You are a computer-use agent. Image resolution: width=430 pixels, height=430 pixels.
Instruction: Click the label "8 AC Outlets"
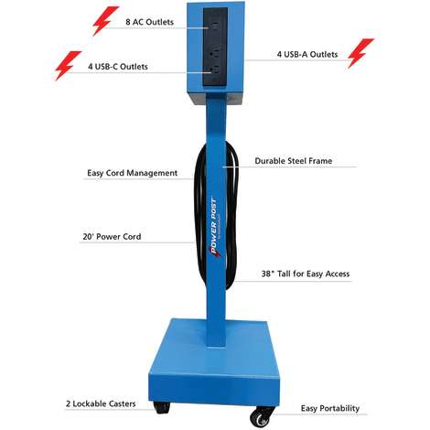point(149,22)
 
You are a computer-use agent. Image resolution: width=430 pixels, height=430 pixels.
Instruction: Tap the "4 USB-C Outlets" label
point(118,67)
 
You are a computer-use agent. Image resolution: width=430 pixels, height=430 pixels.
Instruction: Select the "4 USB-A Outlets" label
point(307,54)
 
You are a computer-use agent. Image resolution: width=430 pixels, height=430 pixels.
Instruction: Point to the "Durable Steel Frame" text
point(294,161)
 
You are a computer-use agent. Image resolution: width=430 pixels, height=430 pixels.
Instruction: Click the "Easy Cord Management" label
point(132,173)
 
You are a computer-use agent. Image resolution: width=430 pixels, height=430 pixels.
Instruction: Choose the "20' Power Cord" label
point(112,237)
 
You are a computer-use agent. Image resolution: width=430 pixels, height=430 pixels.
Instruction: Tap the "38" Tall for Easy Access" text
point(306,274)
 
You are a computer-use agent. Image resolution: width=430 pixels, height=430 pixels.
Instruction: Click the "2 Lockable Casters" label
point(101,403)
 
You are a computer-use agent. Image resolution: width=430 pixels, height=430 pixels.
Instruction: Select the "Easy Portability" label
point(330,408)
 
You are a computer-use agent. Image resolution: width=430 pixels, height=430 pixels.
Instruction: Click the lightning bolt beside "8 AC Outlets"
point(105,21)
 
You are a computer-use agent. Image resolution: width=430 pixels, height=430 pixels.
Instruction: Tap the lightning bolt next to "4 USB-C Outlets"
point(68,66)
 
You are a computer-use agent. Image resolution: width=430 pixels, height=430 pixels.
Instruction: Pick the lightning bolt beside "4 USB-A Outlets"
point(360,53)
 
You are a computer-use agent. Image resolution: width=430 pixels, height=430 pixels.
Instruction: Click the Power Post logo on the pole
point(214,228)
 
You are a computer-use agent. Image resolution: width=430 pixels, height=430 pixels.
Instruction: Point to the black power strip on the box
point(215,47)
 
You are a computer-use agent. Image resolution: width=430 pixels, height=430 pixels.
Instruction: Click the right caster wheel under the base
point(260,416)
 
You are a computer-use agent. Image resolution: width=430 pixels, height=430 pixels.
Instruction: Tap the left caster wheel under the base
point(161,407)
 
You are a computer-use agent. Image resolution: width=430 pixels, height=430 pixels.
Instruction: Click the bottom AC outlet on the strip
point(214,71)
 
